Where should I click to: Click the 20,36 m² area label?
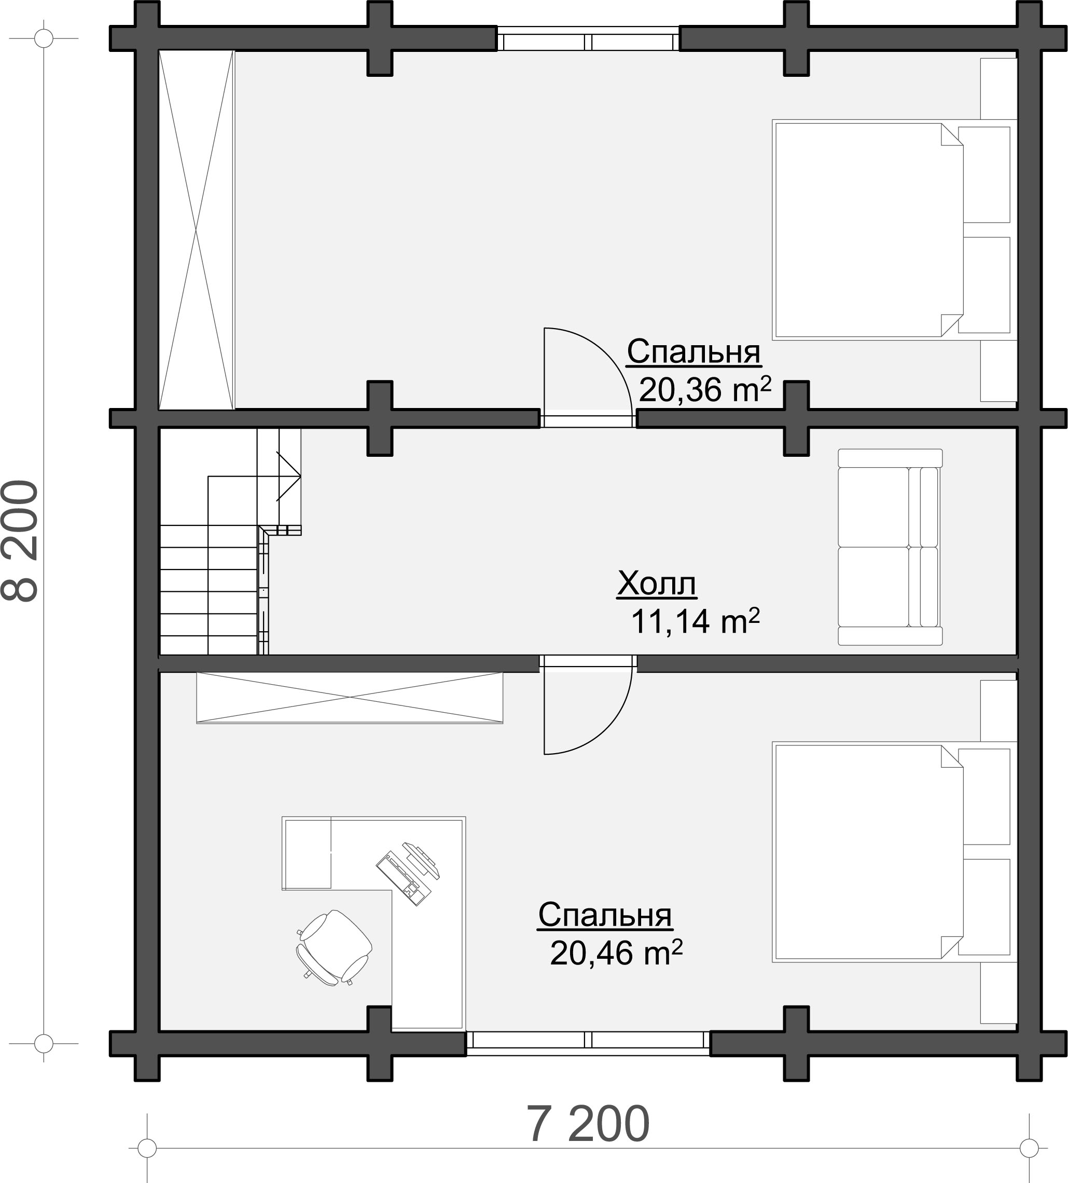click(x=704, y=388)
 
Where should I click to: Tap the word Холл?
click(x=656, y=584)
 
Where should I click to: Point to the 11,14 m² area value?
click(x=695, y=621)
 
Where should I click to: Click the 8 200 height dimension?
click(x=21, y=541)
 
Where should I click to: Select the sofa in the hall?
click(x=890, y=547)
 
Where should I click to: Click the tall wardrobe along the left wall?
click(x=197, y=230)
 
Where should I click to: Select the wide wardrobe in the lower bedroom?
click(x=350, y=698)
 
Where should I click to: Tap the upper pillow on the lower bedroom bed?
click(x=983, y=796)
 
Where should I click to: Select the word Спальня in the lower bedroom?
click(x=605, y=916)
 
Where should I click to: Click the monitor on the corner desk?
click(x=421, y=860)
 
